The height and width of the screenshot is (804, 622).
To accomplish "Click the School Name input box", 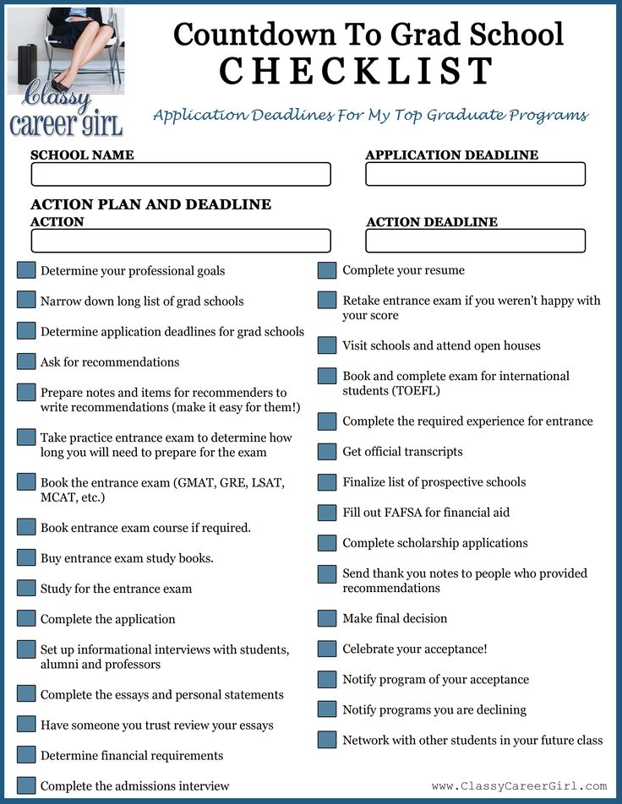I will click(x=181, y=174).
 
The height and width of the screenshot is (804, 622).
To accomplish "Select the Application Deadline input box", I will click(x=475, y=174).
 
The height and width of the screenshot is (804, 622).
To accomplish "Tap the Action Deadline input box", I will click(x=475, y=241).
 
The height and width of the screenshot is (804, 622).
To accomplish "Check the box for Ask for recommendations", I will click(x=26, y=361).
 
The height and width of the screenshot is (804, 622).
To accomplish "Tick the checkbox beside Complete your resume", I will click(x=327, y=270).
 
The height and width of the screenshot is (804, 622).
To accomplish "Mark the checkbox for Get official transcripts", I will click(x=327, y=452).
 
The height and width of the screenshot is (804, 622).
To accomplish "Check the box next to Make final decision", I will click(x=327, y=618).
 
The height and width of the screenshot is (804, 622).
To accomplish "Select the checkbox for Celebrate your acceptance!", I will click(x=327, y=649).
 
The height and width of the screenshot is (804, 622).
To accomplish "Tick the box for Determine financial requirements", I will click(x=26, y=755).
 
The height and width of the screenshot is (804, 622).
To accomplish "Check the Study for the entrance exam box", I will click(x=26, y=588).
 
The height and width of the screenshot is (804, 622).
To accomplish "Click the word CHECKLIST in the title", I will click(x=356, y=71).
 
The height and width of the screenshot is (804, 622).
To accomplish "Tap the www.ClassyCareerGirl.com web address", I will click(x=519, y=785).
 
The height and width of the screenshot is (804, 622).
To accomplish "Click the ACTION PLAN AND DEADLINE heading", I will click(x=151, y=204).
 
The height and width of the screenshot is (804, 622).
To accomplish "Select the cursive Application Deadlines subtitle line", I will click(x=370, y=116).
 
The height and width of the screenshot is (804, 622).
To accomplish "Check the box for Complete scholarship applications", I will click(x=327, y=543).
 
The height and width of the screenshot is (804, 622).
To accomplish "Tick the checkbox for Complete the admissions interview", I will click(x=26, y=785).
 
